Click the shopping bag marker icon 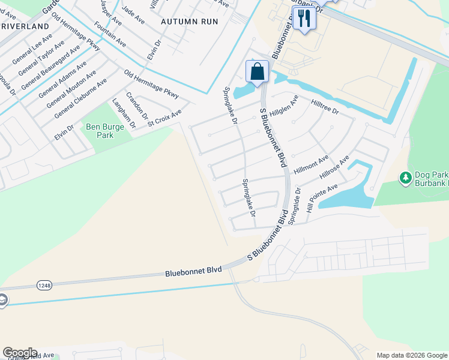(257, 72)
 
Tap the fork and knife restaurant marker (304, 19)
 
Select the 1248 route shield (43, 285)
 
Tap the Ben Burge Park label (104, 131)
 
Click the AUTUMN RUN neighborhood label (189, 20)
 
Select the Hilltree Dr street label (325, 107)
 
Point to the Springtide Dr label (294, 208)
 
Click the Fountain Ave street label (110, 35)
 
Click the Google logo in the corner (20, 353)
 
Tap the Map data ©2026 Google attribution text (411, 355)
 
